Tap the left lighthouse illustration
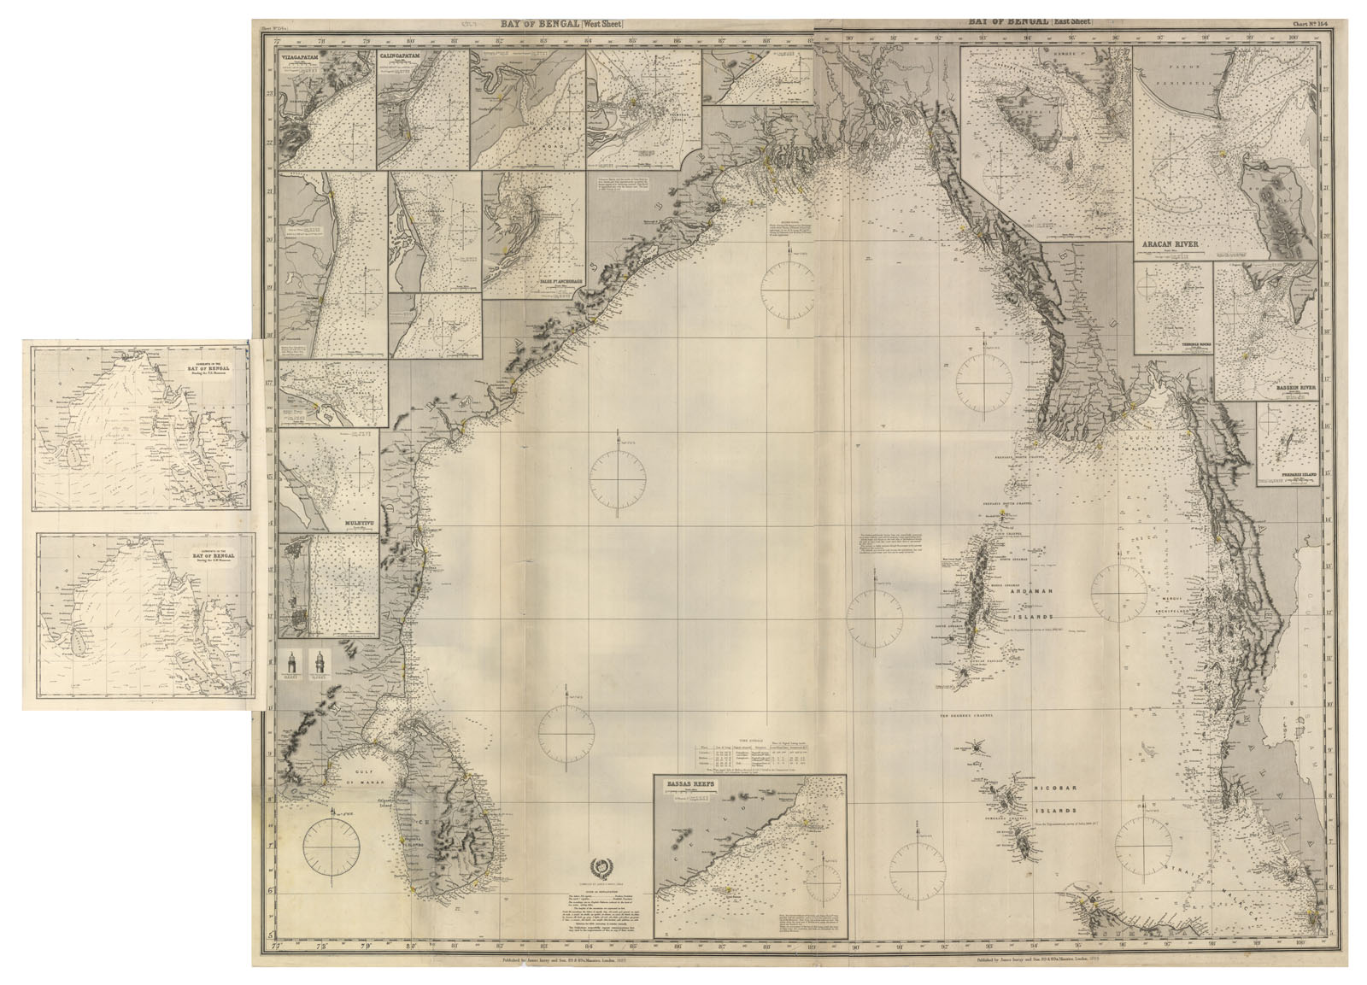tap(291, 664)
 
